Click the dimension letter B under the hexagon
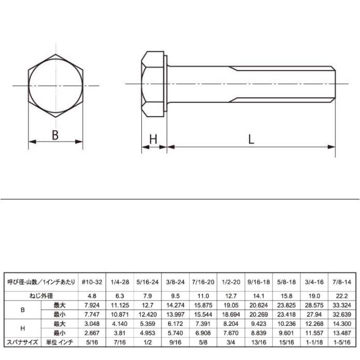55,135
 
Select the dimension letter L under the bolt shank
251,140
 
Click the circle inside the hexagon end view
55,85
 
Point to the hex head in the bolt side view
153,84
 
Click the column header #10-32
92,283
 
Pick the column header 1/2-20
232,283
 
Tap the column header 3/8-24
176,283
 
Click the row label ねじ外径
41,295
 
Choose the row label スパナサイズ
22,342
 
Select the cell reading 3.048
92,323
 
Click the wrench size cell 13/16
260,342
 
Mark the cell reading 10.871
120,314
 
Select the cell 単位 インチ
60,342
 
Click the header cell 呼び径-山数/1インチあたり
41,283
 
